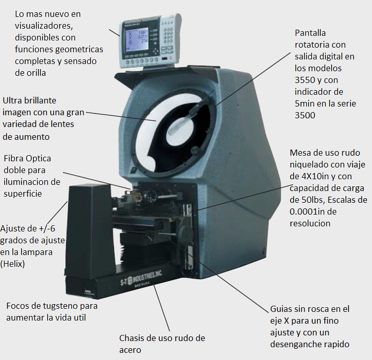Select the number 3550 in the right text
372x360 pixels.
coord(305,80)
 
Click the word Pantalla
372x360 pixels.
coord(311,33)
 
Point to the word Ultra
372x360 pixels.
coord(13,100)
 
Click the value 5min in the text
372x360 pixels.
coord(306,104)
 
